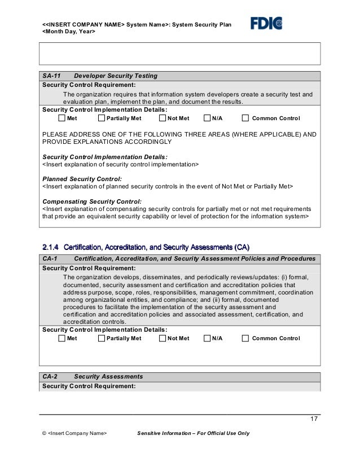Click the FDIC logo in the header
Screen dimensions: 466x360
(266, 23)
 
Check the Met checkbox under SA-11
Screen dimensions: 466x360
(62, 118)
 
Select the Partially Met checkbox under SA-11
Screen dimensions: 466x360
(102, 118)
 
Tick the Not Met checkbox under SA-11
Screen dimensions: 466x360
(163, 118)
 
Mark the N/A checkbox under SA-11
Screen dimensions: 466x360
(207, 118)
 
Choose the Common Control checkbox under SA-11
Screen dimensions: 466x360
(245, 118)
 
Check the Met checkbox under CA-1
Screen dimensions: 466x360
(62, 338)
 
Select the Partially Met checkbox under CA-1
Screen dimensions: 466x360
(102, 338)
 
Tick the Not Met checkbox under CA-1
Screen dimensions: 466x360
(163, 338)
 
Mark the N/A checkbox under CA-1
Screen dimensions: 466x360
(207, 338)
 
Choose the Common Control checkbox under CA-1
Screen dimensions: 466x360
(245, 338)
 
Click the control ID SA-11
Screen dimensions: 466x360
(52, 76)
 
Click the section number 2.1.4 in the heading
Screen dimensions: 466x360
(51, 247)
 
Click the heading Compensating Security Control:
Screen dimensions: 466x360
(93, 201)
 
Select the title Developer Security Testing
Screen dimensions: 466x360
(116, 76)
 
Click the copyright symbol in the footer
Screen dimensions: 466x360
(45, 433)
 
